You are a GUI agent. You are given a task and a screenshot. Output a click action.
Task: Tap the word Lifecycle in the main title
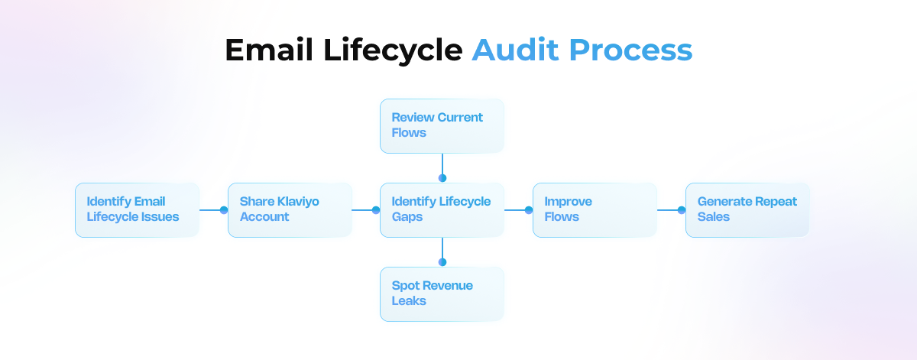click(390, 50)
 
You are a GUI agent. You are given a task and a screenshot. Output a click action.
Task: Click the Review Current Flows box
click(442, 125)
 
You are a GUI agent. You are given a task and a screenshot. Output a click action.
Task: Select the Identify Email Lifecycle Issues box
click(137, 209)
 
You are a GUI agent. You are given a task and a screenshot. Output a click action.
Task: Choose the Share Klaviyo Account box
click(290, 209)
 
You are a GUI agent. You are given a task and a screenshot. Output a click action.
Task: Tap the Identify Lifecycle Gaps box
click(442, 209)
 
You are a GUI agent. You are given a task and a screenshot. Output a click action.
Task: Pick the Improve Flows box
click(595, 209)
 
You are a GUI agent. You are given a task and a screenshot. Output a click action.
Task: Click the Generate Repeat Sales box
click(747, 209)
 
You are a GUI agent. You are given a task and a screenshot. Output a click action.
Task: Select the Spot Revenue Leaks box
click(442, 294)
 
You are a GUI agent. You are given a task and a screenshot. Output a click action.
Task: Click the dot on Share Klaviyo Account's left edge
click(224, 209)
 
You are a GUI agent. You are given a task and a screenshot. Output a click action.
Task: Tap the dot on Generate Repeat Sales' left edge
click(682, 209)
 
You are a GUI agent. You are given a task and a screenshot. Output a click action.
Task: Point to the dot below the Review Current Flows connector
click(442, 178)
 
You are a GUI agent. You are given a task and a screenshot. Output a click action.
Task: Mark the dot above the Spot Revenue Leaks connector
click(442, 262)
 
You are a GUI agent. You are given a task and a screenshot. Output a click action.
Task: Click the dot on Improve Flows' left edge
click(529, 209)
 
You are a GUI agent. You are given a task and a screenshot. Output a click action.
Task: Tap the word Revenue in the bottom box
click(446, 286)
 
